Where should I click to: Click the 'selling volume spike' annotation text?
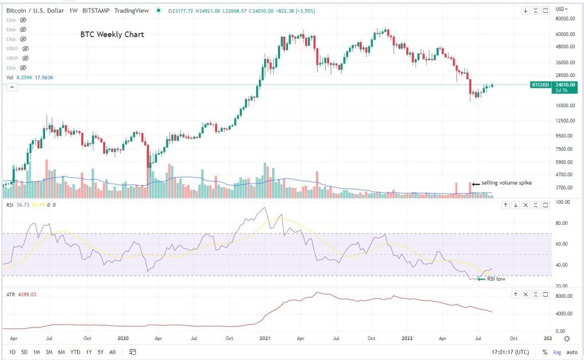506,183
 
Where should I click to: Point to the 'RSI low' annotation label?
496,279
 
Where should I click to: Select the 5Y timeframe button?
100,351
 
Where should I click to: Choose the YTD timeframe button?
75,351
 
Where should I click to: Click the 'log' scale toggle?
557,351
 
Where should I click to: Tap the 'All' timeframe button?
113,351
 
